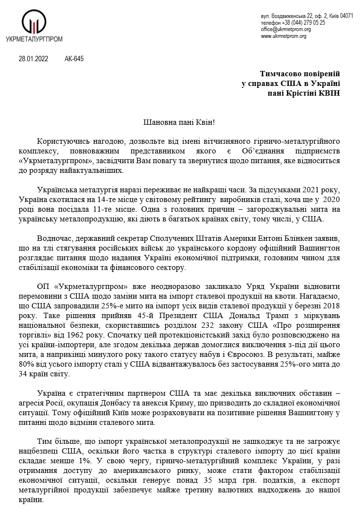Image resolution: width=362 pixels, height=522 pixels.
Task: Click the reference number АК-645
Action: point(74,59)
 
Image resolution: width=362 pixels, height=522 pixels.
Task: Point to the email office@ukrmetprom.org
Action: point(286,29)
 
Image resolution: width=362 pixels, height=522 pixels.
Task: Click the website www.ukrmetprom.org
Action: point(283,36)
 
